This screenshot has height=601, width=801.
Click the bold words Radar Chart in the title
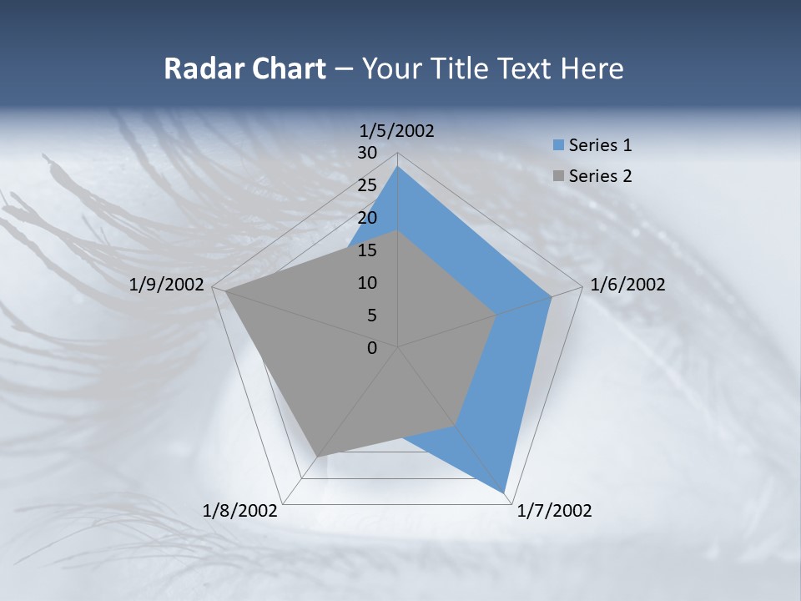tap(244, 68)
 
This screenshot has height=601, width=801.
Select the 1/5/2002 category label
tap(396, 130)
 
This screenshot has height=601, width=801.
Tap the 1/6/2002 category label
tap(627, 285)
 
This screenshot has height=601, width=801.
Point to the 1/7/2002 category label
tap(554, 510)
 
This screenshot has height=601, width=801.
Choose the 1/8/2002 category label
tap(240, 510)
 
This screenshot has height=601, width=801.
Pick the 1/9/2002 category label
tap(167, 285)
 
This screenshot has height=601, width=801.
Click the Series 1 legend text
tap(600, 145)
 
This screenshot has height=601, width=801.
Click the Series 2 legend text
tap(600, 176)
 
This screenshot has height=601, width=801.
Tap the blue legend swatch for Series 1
tap(558, 146)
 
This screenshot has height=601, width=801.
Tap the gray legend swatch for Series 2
tap(558, 176)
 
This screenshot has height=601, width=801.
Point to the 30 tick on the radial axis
tap(367, 153)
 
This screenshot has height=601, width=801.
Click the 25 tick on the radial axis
tap(367, 185)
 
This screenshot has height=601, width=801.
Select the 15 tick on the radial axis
tap(367, 250)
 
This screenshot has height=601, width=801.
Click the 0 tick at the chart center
tap(372, 348)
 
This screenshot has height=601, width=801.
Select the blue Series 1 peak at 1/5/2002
tap(398, 167)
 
